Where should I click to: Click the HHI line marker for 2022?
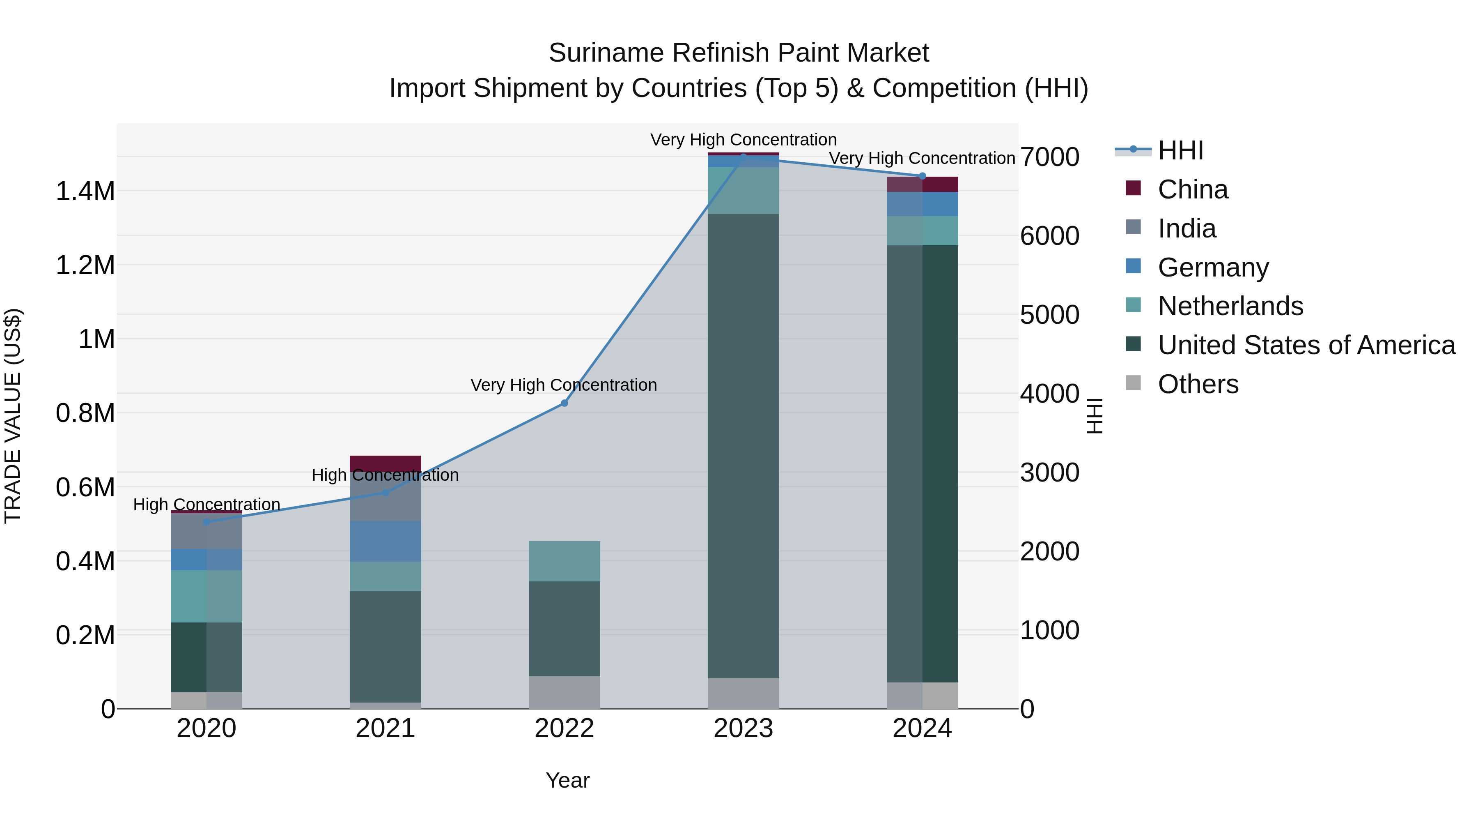point(564,403)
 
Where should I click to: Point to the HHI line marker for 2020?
point(207,522)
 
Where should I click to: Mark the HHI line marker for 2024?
point(922,176)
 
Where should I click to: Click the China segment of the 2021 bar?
point(385,463)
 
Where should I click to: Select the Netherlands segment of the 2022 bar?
point(564,561)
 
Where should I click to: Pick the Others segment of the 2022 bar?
point(564,692)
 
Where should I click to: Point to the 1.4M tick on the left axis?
point(85,191)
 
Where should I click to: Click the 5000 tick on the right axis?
point(1049,315)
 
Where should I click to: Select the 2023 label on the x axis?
point(743,728)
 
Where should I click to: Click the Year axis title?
point(567,780)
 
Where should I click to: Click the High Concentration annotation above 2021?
point(385,475)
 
